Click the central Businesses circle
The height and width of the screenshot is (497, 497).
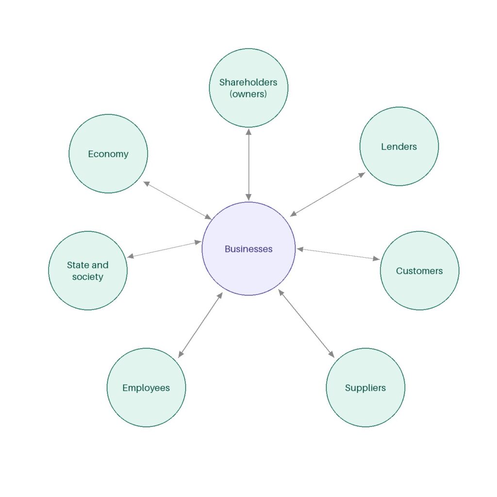tap(248, 249)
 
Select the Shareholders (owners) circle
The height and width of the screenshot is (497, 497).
tap(248, 88)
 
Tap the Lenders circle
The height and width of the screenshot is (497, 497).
tap(399, 147)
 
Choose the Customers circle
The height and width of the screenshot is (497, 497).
tap(419, 271)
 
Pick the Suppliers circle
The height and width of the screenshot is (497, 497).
tap(365, 388)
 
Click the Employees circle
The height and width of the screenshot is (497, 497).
tap(146, 388)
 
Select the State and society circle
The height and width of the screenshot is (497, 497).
tap(88, 271)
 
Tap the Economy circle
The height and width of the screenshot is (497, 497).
tap(108, 154)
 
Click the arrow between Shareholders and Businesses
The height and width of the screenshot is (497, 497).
tap(248, 165)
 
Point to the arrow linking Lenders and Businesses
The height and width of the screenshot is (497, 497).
tap(328, 195)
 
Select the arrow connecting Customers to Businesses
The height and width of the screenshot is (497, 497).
tap(338, 254)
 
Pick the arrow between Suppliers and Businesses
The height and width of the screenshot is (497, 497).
tap(306, 323)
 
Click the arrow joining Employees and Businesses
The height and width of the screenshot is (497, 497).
tap(200, 325)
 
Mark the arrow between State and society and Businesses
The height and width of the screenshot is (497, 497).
tap(164, 249)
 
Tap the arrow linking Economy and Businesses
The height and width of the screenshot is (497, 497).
tap(178, 200)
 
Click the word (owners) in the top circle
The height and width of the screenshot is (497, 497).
tap(248, 94)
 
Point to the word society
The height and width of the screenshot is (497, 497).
tap(88, 277)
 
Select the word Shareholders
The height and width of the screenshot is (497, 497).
tap(248, 83)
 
